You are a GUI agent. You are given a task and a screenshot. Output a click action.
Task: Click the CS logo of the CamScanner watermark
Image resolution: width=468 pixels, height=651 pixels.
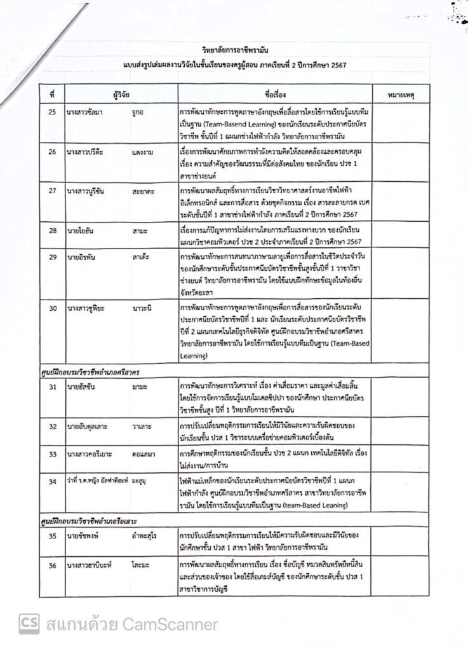pyautogui.click(x=29, y=624)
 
